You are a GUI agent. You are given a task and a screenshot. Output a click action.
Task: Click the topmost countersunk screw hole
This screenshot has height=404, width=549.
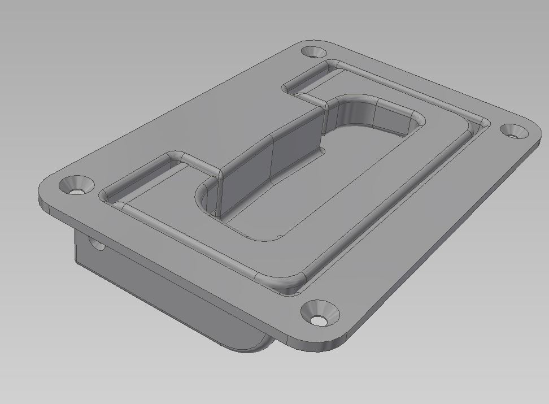[311, 53]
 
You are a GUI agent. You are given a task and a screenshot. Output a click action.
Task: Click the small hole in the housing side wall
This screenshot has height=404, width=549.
[97, 245]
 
